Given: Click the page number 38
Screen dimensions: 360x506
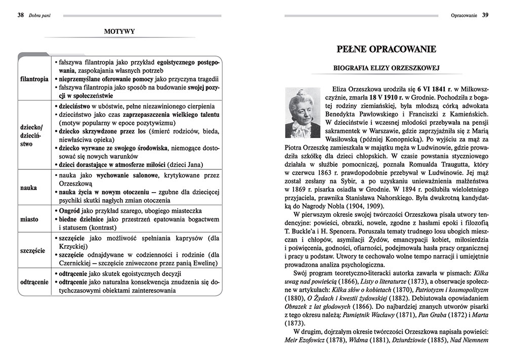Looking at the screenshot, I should (x=21, y=15).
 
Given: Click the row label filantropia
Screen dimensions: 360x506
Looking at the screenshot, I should (x=34, y=79).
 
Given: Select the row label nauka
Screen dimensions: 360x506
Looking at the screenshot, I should (x=29, y=187).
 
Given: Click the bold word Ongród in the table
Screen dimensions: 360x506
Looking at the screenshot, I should (x=70, y=209).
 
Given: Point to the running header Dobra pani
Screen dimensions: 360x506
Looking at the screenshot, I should (x=41, y=16).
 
